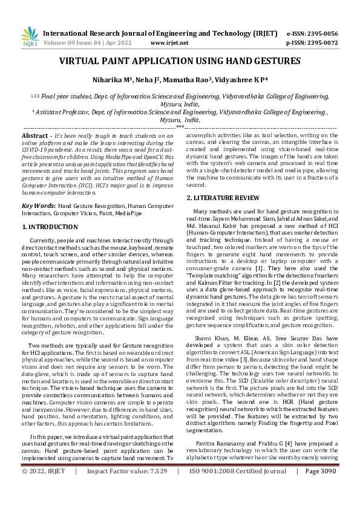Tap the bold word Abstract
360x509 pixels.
[x=35, y=137]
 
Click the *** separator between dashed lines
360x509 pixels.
[x=180, y=128]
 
